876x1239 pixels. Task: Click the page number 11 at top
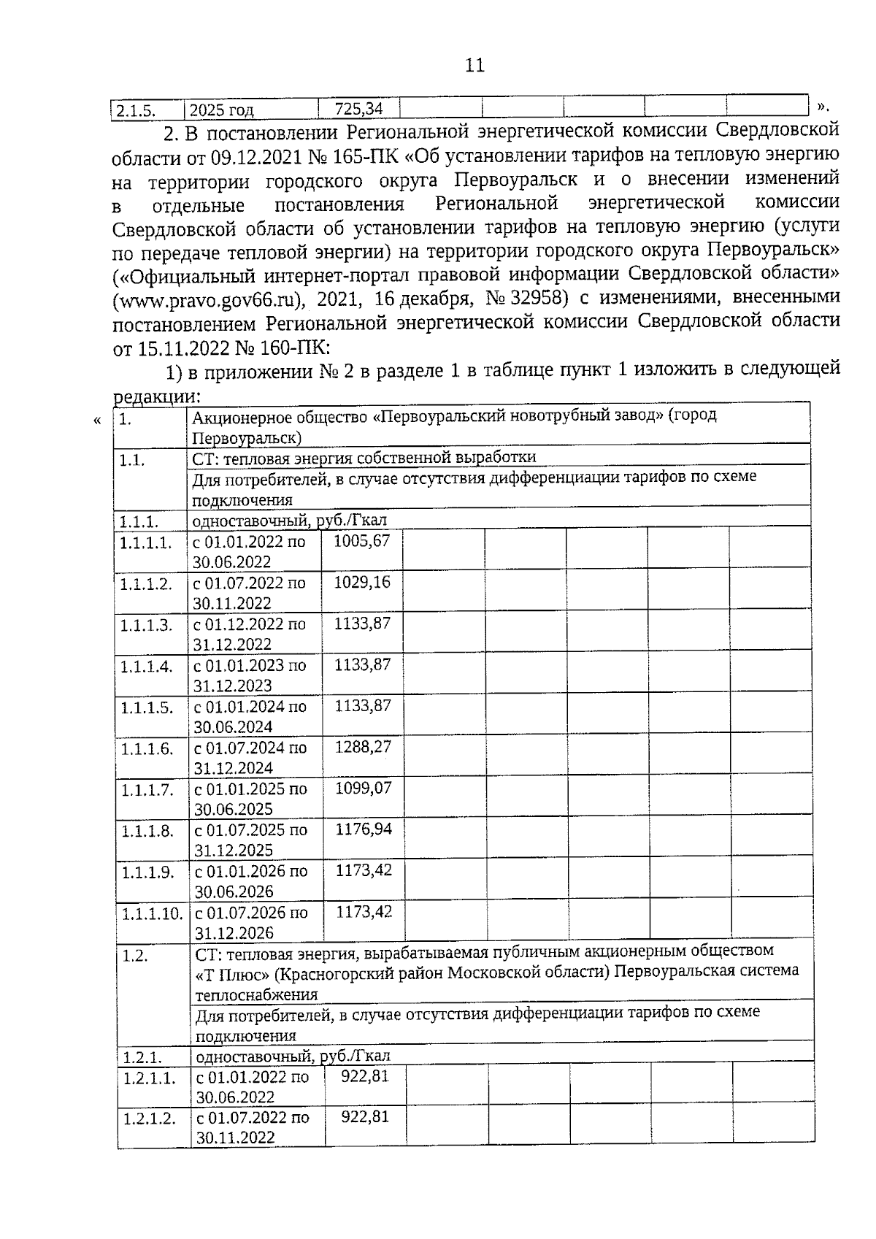(x=474, y=66)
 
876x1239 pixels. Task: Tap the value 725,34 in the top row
(x=358, y=110)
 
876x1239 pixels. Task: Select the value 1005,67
(x=362, y=541)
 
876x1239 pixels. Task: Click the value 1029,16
(x=362, y=582)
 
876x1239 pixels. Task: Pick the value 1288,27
(x=363, y=747)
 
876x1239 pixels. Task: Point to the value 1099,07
(x=363, y=788)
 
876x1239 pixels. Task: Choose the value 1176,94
(x=363, y=829)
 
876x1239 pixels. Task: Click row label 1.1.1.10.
(x=151, y=913)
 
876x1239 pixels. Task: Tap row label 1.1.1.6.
(x=147, y=748)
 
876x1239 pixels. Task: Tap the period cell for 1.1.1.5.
(x=249, y=716)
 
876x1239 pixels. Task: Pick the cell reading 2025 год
(x=221, y=111)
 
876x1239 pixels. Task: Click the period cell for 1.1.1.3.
(x=249, y=634)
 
